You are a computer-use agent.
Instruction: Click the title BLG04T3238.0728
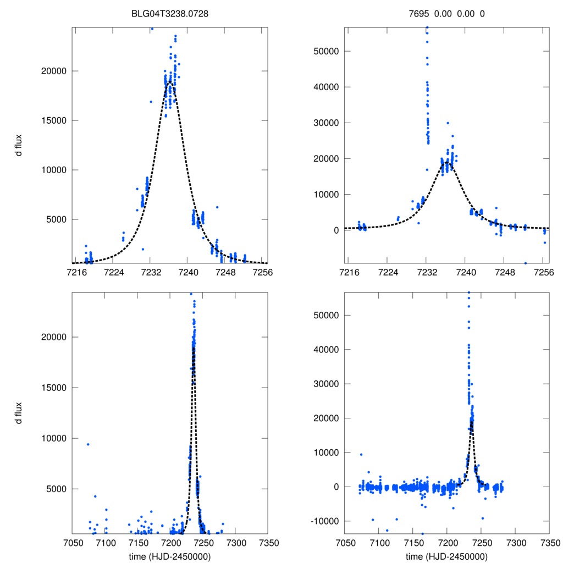coord(169,14)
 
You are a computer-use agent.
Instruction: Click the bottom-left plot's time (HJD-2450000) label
coord(169,556)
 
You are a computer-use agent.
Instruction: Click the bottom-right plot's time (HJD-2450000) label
coord(446,556)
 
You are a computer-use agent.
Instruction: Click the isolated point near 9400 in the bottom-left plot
coord(88,444)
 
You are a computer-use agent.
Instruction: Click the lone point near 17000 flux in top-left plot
coord(151,102)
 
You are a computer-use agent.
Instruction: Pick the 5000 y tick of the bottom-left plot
coord(58,489)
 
